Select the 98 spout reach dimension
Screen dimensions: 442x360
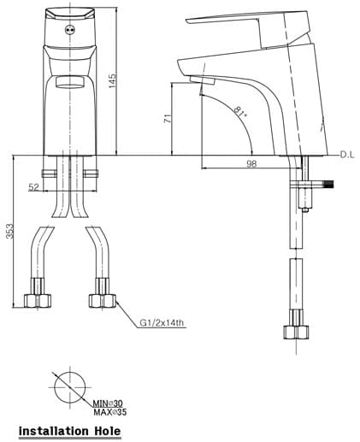click(x=251, y=163)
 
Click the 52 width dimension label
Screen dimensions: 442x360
click(x=34, y=186)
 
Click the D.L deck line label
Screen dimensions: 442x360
click(x=346, y=155)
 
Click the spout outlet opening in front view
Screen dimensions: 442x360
click(x=70, y=84)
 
